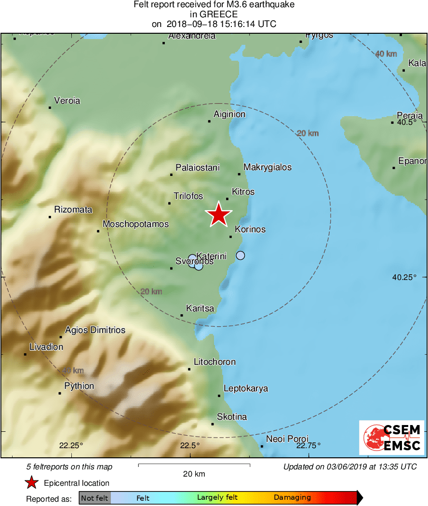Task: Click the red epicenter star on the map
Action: (219, 215)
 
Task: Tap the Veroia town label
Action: (67, 101)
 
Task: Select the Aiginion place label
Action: (229, 114)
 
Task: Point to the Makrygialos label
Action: (267, 167)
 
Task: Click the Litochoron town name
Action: (214, 362)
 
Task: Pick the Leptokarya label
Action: (246, 389)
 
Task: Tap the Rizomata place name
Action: (73, 210)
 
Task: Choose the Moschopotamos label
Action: (136, 224)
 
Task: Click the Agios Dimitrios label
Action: (95, 330)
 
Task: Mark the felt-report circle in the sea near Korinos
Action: (241, 255)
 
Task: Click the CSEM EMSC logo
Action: (392, 438)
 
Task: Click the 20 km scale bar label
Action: (194, 474)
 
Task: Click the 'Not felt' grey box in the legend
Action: (94, 498)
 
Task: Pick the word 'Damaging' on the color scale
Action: (292, 497)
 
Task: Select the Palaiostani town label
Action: (198, 168)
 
